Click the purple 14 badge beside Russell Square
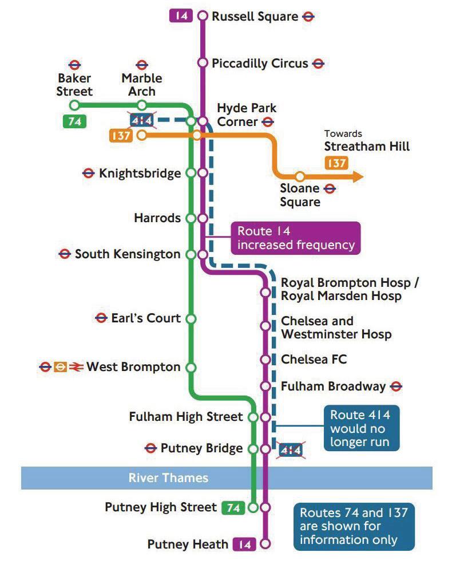click(181, 15)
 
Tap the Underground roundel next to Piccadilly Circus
click(318, 64)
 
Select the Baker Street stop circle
click(74, 105)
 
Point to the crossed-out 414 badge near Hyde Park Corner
click(141, 120)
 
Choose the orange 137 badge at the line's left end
click(121, 136)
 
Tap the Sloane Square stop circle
click(299, 176)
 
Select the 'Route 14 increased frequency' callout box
click(295, 238)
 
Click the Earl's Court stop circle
click(192, 318)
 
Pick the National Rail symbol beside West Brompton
click(76, 367)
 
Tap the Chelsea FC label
click(314, 360)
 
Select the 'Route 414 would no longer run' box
click(360, 428)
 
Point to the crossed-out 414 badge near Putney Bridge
click(290, 451)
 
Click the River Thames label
click(168, 478)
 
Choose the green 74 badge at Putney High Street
click(233, 507)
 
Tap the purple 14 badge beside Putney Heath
click(244, 544)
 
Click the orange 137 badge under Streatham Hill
click(336, 163)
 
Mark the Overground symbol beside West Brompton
click(61, 367)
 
